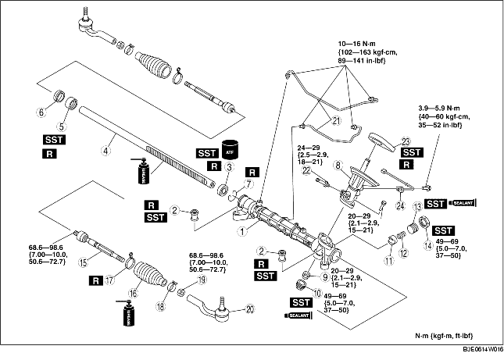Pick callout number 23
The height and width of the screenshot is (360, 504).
tap(406, 141)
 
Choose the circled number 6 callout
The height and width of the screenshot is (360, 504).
tap(52, 112)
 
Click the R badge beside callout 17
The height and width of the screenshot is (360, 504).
tap(97, 279)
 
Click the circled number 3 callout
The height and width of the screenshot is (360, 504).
tap(230, 168)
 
